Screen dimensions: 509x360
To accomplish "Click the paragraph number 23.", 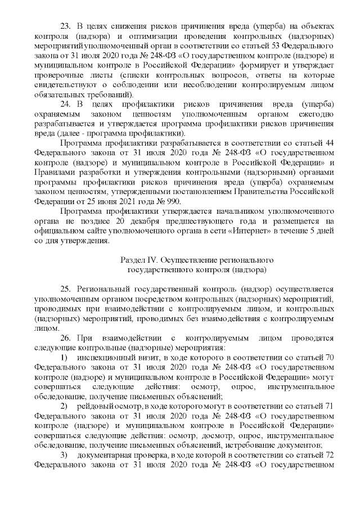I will [x=65, y=26].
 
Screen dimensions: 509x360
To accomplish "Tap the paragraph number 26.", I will [x=65, y=337].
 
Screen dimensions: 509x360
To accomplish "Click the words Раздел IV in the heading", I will [x=139, y=260].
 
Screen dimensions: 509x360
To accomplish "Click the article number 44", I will [x=330, y=143].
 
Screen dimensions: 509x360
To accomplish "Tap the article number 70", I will [x=330, y=357].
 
